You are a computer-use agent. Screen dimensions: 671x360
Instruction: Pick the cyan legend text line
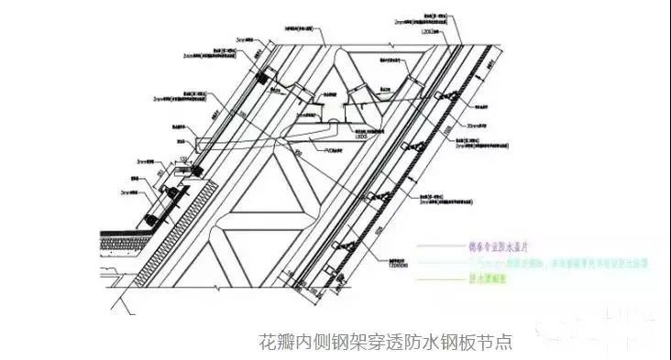[x=513, y=261]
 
